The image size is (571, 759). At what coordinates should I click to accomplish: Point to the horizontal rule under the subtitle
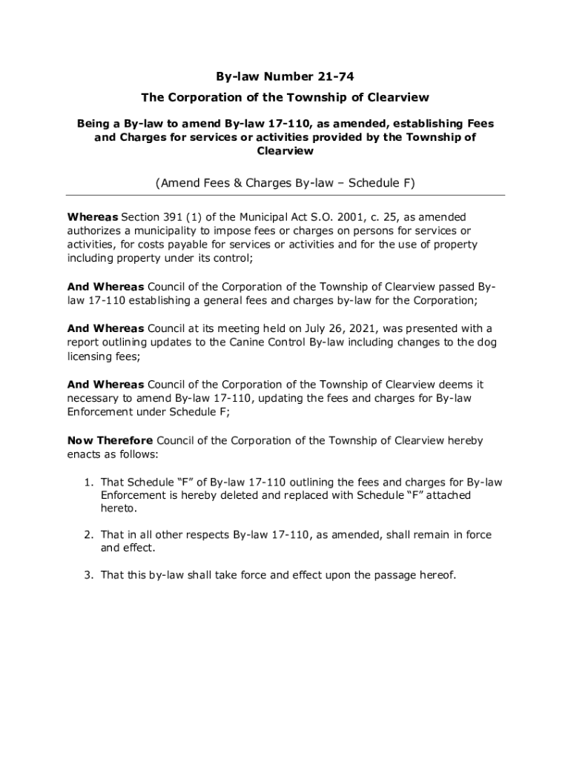[285, 195]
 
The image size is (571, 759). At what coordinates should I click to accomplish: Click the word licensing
[93, 357]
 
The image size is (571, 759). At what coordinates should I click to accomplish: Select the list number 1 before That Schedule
[87, 482]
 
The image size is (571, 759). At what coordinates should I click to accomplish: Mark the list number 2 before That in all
[87, 534]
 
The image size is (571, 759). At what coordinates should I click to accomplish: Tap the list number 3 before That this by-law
[87, 574]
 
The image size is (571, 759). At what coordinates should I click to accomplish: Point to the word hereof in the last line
[434, 574]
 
